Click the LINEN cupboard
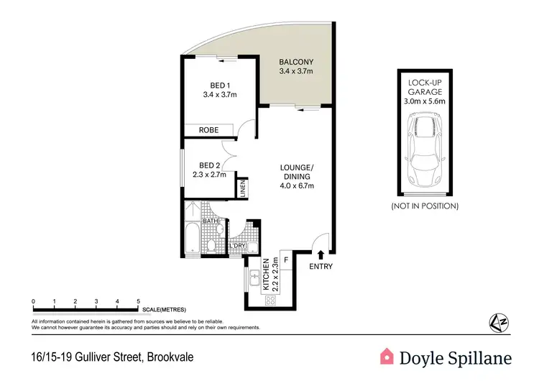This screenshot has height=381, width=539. [x=243, y=188]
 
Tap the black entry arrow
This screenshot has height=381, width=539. [x=321, y=252]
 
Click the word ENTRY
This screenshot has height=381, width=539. [x=321, y=267]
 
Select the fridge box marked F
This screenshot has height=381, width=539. [x=285, y=259]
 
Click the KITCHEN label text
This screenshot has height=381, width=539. [x=266, y=273]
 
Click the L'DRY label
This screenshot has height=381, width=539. [x=238, y=247]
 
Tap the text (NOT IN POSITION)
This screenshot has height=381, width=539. [x=424, y=206]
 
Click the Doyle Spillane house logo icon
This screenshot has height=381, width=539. [x=387, y=355]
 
